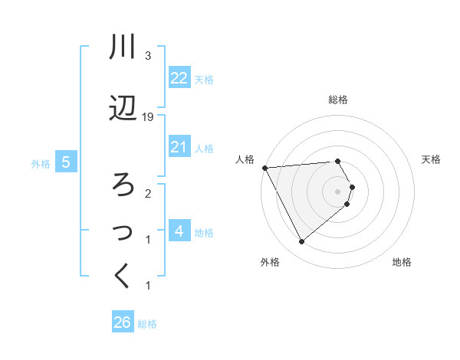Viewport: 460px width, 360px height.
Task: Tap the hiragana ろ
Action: (x=123, y=184)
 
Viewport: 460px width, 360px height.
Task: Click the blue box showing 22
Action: (x=179, y=78)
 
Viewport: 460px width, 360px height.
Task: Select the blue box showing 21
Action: (x=179, y=147)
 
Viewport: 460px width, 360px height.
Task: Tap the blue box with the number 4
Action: (x=179, y=231)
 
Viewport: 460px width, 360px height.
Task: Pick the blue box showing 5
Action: (x=67, y=162)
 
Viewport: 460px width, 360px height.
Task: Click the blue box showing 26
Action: (x=123, y=322)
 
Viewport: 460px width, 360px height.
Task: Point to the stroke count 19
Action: (x=148, y=116)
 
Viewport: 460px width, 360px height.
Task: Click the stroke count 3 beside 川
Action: (x=148, y=56)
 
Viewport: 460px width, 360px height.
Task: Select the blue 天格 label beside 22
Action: (x=204, y=80)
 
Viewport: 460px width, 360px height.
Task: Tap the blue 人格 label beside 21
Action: (x=204, y=148)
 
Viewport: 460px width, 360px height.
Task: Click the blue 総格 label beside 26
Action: (x=147, y=324)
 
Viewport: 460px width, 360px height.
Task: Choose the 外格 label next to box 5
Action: (x=41, y=163)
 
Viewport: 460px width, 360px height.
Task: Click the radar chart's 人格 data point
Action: (x=264, y=168)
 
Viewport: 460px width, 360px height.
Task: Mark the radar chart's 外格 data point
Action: (x=301, y=242)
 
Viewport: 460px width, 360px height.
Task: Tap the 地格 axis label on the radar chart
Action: (x=402, y=262)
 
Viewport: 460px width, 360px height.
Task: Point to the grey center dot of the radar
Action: (x=337, y=191)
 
